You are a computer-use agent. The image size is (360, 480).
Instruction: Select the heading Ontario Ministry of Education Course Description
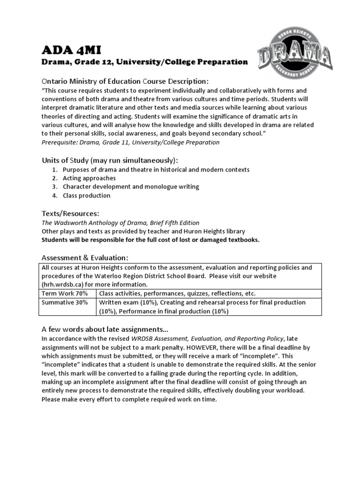click(x=122, y=82)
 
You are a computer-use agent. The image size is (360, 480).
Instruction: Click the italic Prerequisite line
click(x=130, y=142)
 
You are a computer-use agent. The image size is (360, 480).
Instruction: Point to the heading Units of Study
click(x=110, y=160)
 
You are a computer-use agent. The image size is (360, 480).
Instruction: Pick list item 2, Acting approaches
click(x=89, y=178)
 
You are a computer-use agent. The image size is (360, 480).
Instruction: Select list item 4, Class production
click(x=86, y=195)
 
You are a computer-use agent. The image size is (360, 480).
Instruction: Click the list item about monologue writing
click(x=131, y=187)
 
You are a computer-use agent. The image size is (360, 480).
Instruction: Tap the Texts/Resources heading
click(x=70, y=214)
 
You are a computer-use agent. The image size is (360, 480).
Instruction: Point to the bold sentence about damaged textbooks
click(x=150, y=240)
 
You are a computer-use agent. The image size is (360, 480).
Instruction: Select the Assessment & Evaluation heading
click(x=85, y=258)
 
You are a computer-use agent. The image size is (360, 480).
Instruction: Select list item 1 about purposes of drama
click(x=156, y=169)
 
